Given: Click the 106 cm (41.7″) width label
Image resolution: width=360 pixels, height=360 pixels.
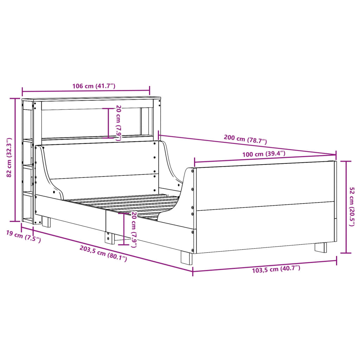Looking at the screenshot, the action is point(94,86).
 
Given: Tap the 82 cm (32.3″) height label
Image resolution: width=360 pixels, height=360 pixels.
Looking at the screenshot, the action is point(9,157).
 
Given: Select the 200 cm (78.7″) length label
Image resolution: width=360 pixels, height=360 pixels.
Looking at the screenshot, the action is point(245,139).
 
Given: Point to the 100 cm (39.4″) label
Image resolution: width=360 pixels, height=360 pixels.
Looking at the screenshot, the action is point(264,154).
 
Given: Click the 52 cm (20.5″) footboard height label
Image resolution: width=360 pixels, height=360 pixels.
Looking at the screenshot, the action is point(352,206).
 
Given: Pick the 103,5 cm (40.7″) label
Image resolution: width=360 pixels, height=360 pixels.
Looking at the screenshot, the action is point(276,269).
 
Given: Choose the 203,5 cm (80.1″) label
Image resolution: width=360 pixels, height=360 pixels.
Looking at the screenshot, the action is point(103,253).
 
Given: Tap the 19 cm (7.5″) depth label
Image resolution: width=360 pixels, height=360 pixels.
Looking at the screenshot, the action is point(23,237).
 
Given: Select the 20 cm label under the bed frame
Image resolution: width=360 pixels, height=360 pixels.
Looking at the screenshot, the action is point(134,230).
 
